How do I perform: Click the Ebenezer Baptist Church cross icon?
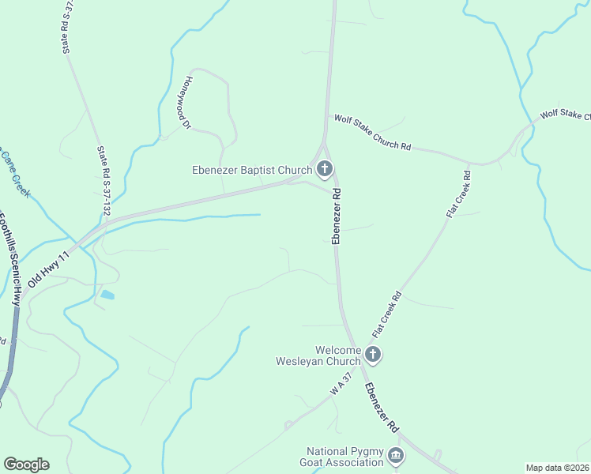click(x=324, y=168)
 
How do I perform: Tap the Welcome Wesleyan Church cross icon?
click(x=374, y=355)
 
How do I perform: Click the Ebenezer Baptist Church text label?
click(x=252, y=169)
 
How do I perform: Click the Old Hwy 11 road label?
click(x=49, y=269)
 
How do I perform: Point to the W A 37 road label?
click(x=341, y=386)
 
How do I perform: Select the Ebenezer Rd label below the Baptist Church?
click(x=337, y=215)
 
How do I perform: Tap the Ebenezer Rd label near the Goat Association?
click(x=381, y=408)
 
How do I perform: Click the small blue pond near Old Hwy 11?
click(x=107, y=295)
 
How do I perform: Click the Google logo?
click(x=26, y=465)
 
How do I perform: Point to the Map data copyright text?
click(x=558, y=468)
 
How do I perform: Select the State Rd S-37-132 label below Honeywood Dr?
click(x=103, y=180)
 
